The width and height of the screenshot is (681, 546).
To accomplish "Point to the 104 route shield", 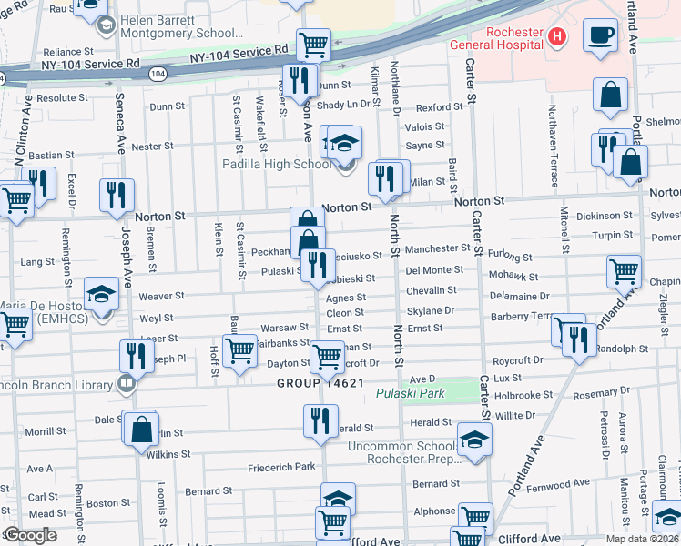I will pos(158,72).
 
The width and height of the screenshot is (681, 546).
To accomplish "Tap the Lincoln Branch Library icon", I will pos(127,381).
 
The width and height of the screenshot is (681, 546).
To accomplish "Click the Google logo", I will pos(29,535).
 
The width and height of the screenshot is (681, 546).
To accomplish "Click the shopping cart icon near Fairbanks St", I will pos(239,349).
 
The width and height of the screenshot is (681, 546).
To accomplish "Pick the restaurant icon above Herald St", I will pos(320,420).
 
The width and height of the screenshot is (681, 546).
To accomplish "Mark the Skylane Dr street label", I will pos(431,310).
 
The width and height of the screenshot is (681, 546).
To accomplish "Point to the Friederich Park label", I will pos(281,467).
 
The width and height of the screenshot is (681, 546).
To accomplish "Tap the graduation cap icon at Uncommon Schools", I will pos(473,440).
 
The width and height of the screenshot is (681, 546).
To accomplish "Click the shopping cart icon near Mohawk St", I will pos(625,269).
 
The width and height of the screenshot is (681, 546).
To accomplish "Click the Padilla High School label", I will pos(277,165).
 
